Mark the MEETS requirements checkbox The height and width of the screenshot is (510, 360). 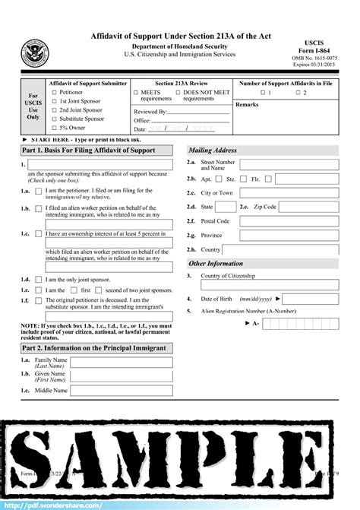135,93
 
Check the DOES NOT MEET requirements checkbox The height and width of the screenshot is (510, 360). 177,93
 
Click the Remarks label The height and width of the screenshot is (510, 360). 248,104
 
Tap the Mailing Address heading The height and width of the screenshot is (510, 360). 213,150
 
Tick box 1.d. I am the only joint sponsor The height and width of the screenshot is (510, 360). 39,280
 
